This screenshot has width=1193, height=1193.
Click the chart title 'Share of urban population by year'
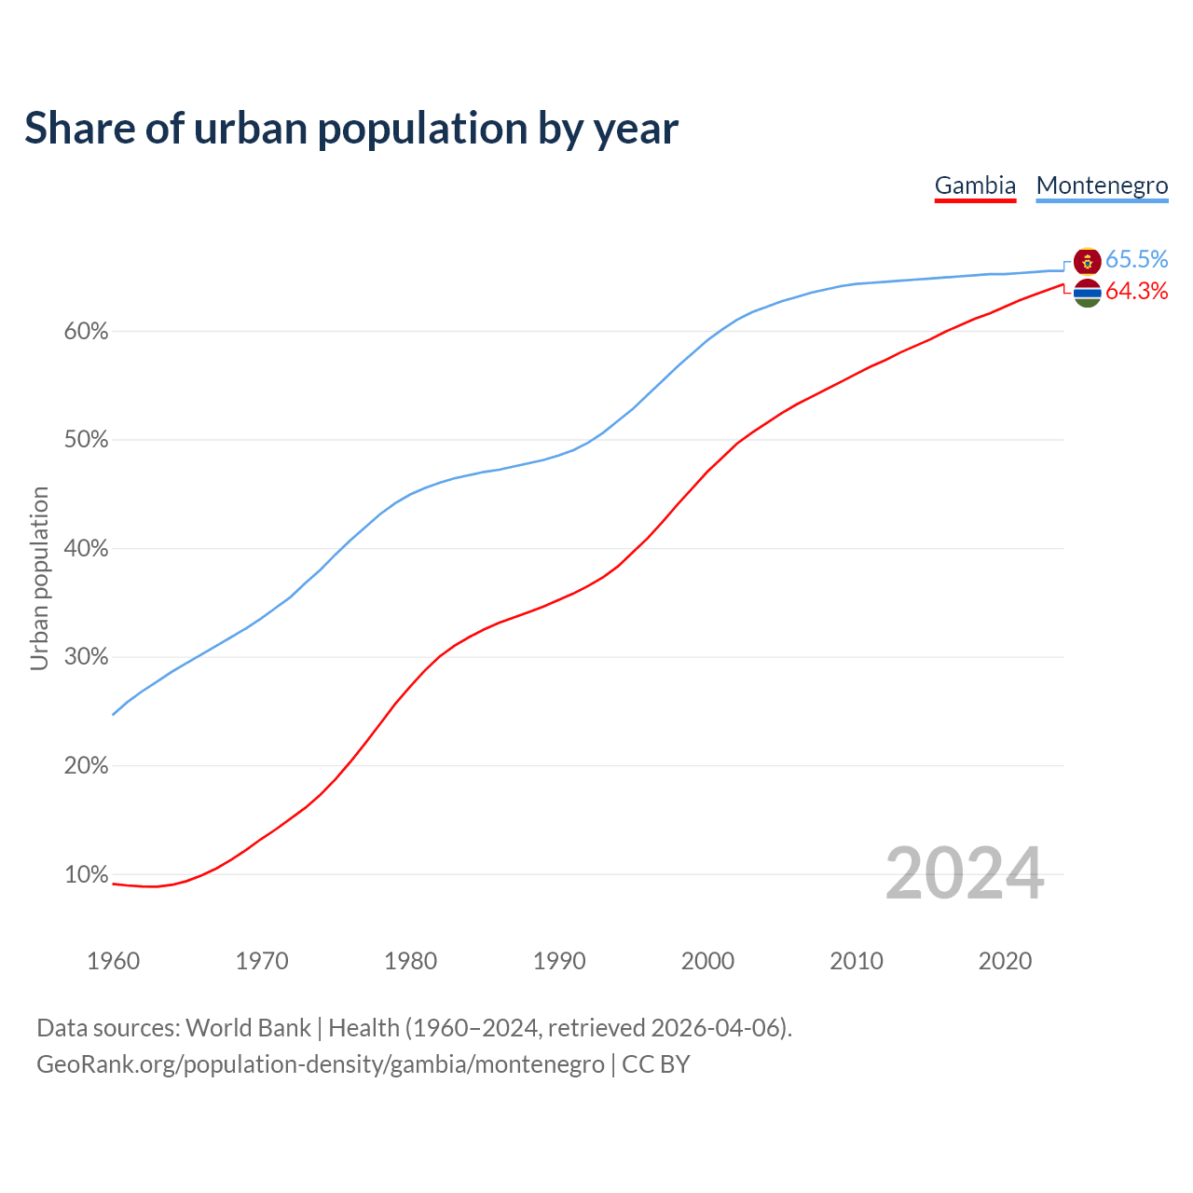click(x=350, y=129)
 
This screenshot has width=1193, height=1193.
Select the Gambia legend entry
click(x=975, y=185)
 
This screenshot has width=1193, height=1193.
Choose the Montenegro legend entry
click(x=1102, y=185)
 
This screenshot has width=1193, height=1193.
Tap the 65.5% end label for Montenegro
click(x=1136, y=259)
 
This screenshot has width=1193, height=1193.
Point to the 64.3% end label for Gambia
click(x=1136, y=292)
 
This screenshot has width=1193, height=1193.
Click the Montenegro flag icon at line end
click(x=1087, y=261)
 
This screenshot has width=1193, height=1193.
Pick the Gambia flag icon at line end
click(x=1087, y=293)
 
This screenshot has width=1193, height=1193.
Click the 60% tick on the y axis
click(x=87, y=332)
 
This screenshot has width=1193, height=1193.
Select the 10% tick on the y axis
click(x=87, y=875)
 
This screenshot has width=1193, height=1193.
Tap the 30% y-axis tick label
click(x=87, y=658)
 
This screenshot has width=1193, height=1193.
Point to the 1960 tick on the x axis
click(x=113, y=961)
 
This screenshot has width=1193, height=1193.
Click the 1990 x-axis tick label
click(x=559, y=961)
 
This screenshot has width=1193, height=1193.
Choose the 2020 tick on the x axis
click(x=1005, y=961)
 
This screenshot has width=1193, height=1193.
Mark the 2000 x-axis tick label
click(x=707, y=961)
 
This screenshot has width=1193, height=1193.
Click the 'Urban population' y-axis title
click(x=39, y=578)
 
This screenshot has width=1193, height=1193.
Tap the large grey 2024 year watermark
click(x=964, y=873)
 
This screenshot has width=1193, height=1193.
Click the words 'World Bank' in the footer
click(x=248, y=1028)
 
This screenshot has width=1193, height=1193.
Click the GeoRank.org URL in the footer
click(x=320, y=1064)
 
